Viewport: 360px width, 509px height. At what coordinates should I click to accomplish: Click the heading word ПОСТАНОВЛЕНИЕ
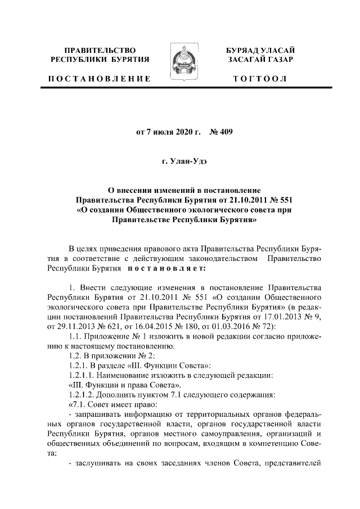(100, 79)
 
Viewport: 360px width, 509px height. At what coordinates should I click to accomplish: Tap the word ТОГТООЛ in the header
(259, 79)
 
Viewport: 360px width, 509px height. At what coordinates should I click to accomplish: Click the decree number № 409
(220, 133)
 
